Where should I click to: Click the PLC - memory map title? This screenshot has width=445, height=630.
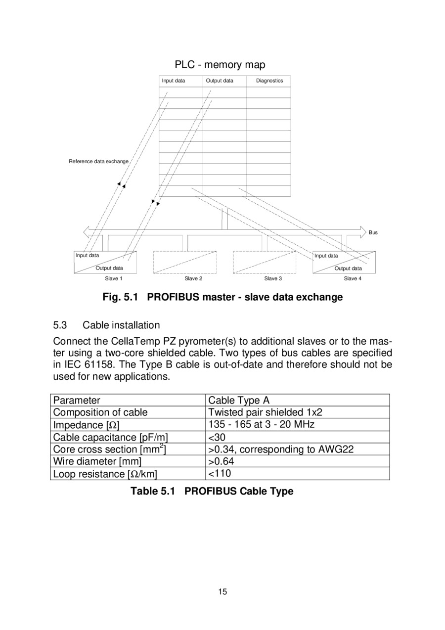(x=220, y=65)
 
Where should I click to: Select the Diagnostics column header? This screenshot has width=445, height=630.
(x=269, y=81)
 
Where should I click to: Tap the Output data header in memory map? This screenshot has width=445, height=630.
(x=220, y=81)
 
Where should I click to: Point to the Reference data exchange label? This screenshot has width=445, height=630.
(x=98, y=161)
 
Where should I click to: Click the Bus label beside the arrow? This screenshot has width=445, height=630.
(x=373, y=232)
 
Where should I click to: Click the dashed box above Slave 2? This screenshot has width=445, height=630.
(x=185, y=262)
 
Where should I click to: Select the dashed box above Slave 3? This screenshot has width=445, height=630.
(x=264, y=262)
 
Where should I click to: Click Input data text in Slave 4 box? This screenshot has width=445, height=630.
(x=326, y=256)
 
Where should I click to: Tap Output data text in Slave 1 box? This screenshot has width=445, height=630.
(x=109, y=268)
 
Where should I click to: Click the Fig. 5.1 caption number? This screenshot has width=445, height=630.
(x=120, y=297)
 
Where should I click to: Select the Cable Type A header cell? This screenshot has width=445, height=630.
(x=239, y=400)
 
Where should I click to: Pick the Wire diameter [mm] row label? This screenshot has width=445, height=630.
(x=97, y=461)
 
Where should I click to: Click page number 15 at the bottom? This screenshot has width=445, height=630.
(x=222, y=592)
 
